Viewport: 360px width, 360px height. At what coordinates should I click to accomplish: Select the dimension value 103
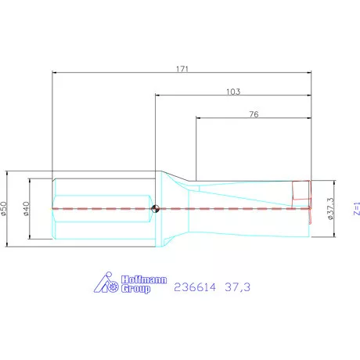pos(232,92)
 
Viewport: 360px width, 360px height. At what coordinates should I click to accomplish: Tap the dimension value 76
pos(254,114)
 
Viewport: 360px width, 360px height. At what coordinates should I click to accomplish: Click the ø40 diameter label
pos(27,208)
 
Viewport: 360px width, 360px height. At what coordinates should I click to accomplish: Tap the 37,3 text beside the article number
pos(238,288)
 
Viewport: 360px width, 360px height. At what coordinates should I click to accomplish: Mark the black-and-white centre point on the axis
pos(157,208)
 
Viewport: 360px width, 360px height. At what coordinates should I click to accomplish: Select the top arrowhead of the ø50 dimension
pos(8,173)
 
